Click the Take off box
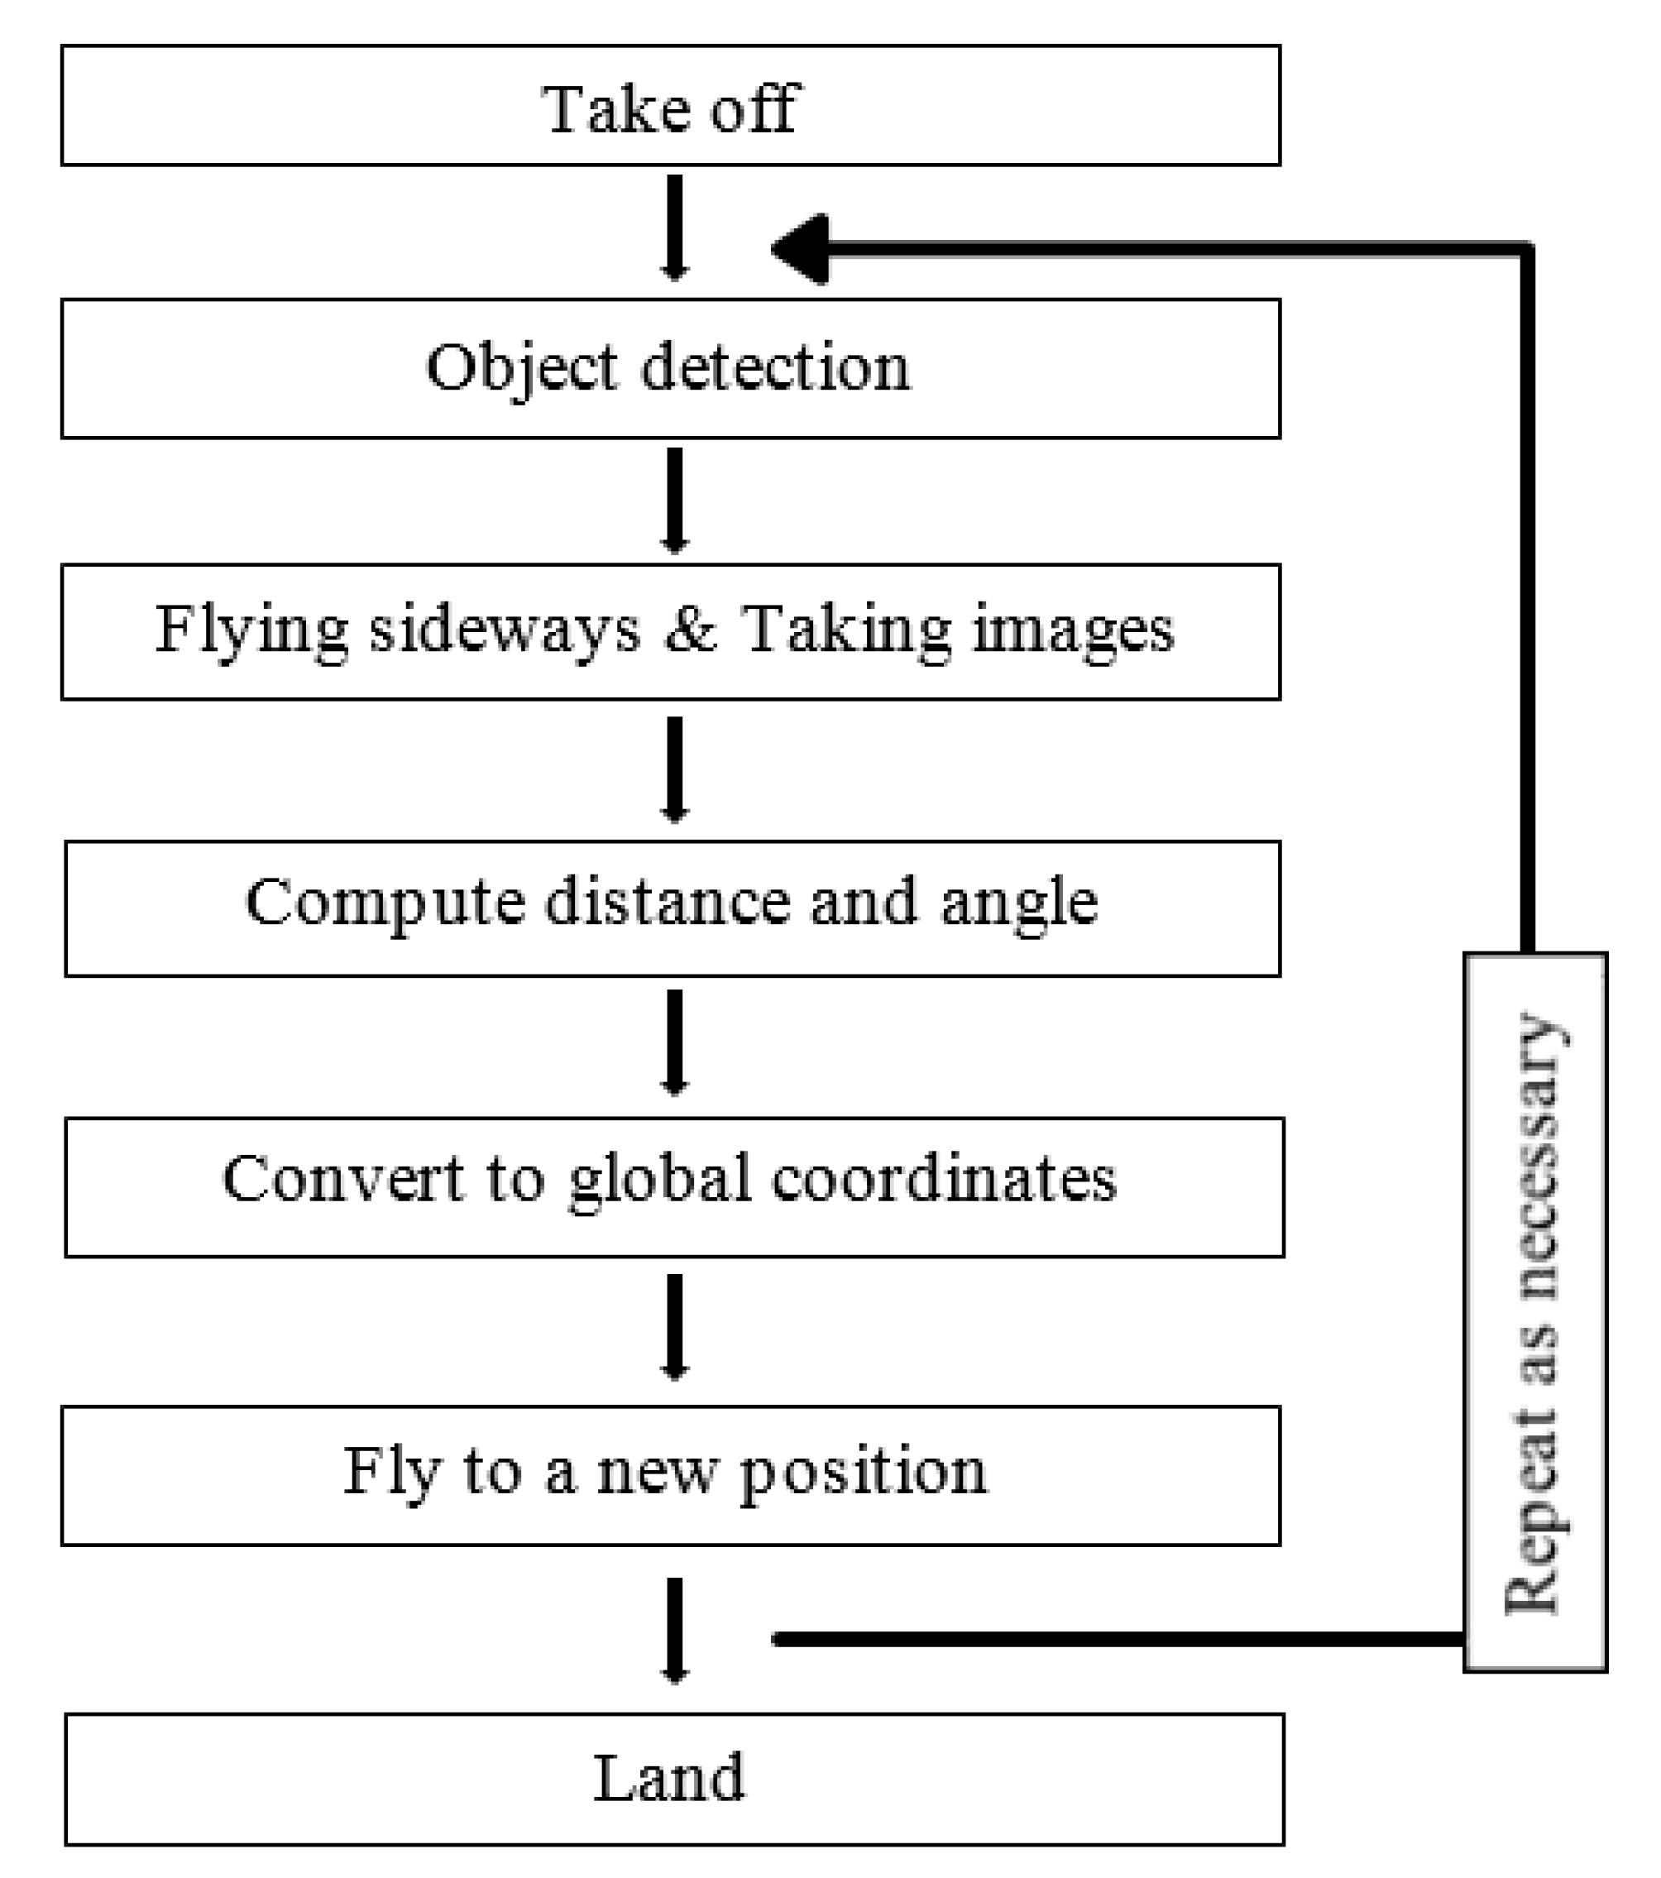[671, 106]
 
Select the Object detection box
[671, 368]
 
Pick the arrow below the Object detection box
[674, 500]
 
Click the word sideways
[505, 630]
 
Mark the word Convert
[343, 1179]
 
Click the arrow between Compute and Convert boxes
[674, 1042]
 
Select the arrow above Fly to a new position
[674, 1327]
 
